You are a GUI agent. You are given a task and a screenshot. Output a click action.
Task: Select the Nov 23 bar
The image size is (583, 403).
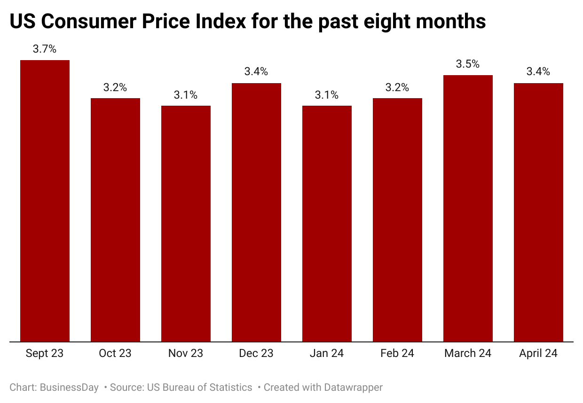[x=186, y=224]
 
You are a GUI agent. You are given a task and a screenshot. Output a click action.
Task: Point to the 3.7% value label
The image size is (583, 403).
[x=45, y=49]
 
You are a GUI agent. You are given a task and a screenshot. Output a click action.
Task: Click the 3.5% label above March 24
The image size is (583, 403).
[x=468, y=64]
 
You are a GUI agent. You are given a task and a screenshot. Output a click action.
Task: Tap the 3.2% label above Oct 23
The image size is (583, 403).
[x=115, y=87]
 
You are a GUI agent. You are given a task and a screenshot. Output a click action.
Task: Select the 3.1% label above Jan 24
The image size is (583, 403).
[x=327, y=95]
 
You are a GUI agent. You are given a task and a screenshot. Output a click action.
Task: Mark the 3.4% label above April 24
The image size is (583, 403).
[x=538, y=72]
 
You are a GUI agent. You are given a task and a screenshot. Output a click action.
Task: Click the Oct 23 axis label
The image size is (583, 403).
[x=115, y=354]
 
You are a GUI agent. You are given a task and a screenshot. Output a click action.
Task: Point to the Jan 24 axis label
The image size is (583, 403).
[x=327, y=354]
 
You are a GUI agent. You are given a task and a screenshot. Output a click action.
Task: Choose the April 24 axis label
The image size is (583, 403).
[x=538, y=354]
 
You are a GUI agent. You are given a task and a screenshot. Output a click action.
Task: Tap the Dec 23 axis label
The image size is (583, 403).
[x=256, y=354]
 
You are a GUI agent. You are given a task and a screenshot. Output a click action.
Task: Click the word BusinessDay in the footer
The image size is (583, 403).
[x=69, y=387]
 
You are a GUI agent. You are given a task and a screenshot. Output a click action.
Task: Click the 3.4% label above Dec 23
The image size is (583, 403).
[x=256, y=72]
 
